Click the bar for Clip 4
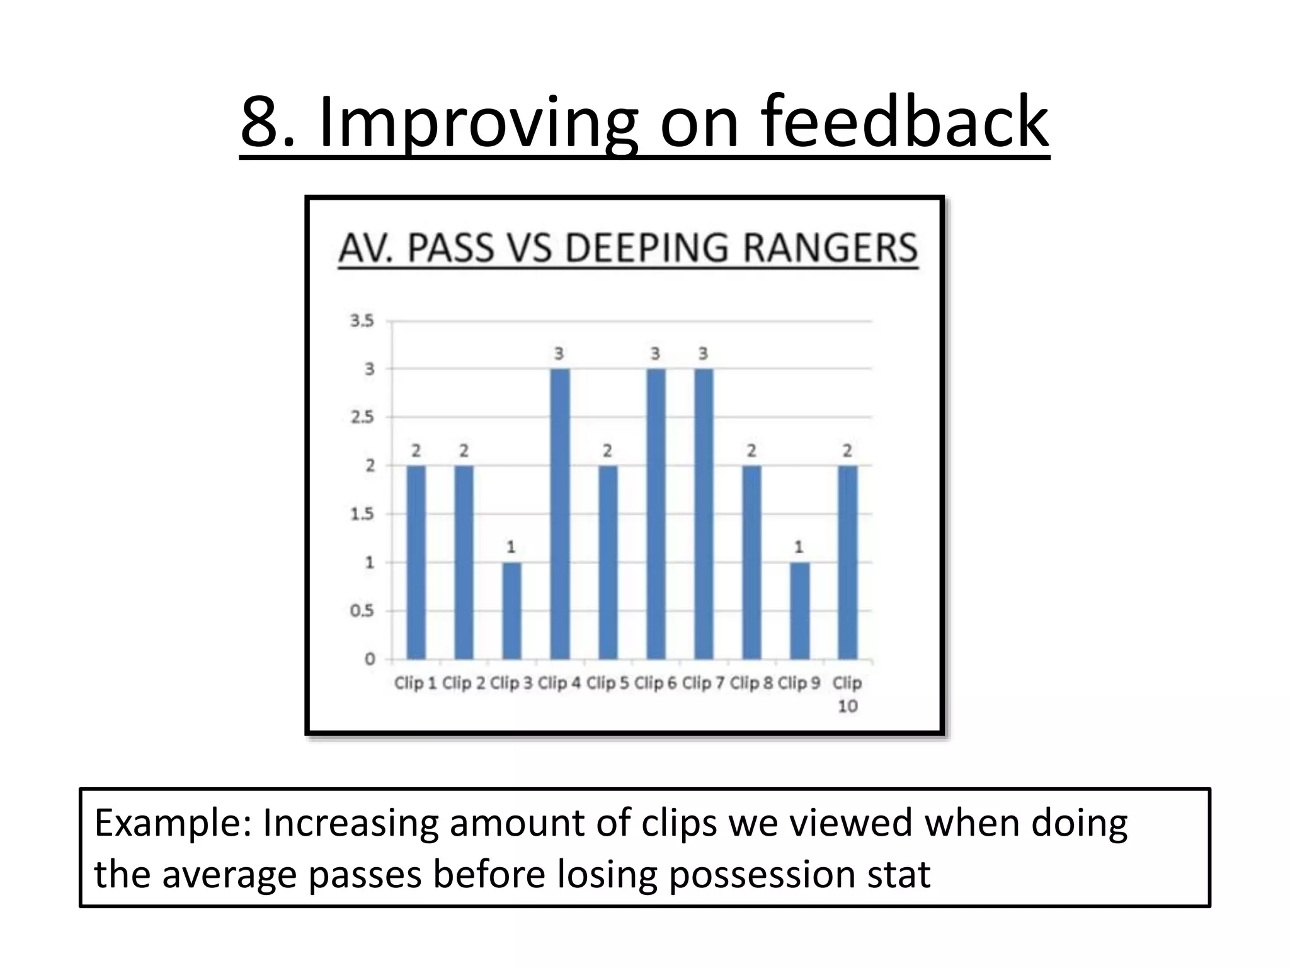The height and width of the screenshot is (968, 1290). [x=559, y=514]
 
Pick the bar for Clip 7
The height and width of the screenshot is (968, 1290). [x=704, y=514]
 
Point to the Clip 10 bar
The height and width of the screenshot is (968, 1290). [x=847, y=562]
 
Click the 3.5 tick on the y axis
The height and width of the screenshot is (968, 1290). [x=362, y=321]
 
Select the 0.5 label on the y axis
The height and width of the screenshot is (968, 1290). [x=362, y=611]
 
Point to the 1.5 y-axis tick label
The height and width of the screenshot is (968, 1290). [x=362, y=514]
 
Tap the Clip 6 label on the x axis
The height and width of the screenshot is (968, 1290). [x=655, y=683]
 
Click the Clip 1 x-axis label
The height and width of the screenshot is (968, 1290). [x=415, y=683]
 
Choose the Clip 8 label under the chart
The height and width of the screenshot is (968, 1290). [x=751, y=683]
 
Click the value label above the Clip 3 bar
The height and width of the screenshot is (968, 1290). [x=511, y=547]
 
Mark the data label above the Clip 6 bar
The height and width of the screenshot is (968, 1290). [x=655, y=354]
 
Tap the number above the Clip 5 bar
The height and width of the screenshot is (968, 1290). [x=607, y=451]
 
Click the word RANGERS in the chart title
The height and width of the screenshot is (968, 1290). [x=830, y=248]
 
